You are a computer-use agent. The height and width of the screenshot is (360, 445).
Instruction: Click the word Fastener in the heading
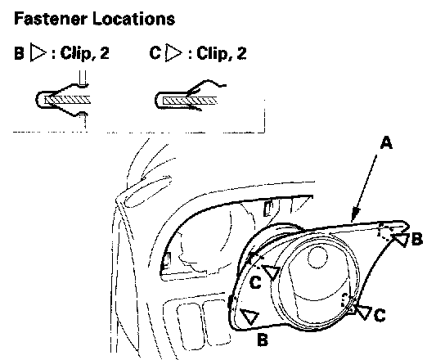click(50, 19)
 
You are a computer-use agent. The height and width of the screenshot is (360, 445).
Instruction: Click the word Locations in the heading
click(133, 19)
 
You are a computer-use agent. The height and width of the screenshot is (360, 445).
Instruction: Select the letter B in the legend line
click(19, 53)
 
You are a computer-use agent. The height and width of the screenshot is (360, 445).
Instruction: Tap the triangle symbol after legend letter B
click(38, 52)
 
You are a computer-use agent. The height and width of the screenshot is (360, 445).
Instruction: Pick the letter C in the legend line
click(155, 53)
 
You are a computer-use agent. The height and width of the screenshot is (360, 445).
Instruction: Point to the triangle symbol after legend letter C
click(173, 52)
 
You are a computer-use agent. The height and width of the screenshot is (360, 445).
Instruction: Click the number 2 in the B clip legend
click(105, 53)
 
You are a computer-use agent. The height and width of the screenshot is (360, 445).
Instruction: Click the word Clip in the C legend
click(210, 54)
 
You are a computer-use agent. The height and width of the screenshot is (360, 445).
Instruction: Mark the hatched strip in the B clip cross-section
click(67, 100)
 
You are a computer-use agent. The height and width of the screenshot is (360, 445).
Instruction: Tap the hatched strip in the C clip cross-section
click(190, 100)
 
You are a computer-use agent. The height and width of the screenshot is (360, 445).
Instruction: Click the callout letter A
click(386, 142)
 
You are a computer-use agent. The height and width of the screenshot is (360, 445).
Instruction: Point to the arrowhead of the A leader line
click(355, 215)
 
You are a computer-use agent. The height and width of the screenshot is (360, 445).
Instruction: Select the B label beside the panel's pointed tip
click(417, 239)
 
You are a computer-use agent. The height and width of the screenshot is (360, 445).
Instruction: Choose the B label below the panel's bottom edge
click(263, 340)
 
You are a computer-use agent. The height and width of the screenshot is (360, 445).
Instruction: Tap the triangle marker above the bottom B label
click(250, 316)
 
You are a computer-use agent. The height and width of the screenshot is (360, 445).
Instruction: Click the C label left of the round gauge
click(255, 282)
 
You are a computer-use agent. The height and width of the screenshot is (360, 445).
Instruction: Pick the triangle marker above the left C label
click(272, 272)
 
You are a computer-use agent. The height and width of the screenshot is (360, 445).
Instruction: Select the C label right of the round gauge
click(380, 315)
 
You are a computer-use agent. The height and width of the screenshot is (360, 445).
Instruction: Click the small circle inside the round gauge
click(317, 257)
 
